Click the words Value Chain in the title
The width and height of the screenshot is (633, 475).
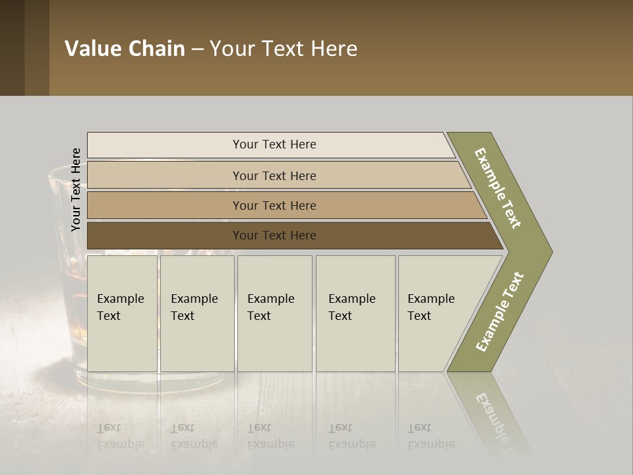125,49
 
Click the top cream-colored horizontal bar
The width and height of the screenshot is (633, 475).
165,145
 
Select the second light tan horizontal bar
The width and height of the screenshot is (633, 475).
165,175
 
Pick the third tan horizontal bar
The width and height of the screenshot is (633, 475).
165,205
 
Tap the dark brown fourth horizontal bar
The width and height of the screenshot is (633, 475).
165,236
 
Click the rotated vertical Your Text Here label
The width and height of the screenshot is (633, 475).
76,189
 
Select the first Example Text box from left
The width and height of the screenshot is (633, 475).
122,313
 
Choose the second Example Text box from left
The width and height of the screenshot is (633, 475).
196,313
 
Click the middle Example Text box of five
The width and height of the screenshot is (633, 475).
274,313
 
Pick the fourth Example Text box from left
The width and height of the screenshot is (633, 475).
355,313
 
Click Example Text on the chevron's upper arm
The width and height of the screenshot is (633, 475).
498,188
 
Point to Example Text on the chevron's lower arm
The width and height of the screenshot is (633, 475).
500,311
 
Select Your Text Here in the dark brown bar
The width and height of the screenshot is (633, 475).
274,236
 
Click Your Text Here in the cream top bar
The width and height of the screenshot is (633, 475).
274,144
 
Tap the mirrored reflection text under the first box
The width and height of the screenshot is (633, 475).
120,436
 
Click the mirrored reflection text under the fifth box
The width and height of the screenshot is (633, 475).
431,436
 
